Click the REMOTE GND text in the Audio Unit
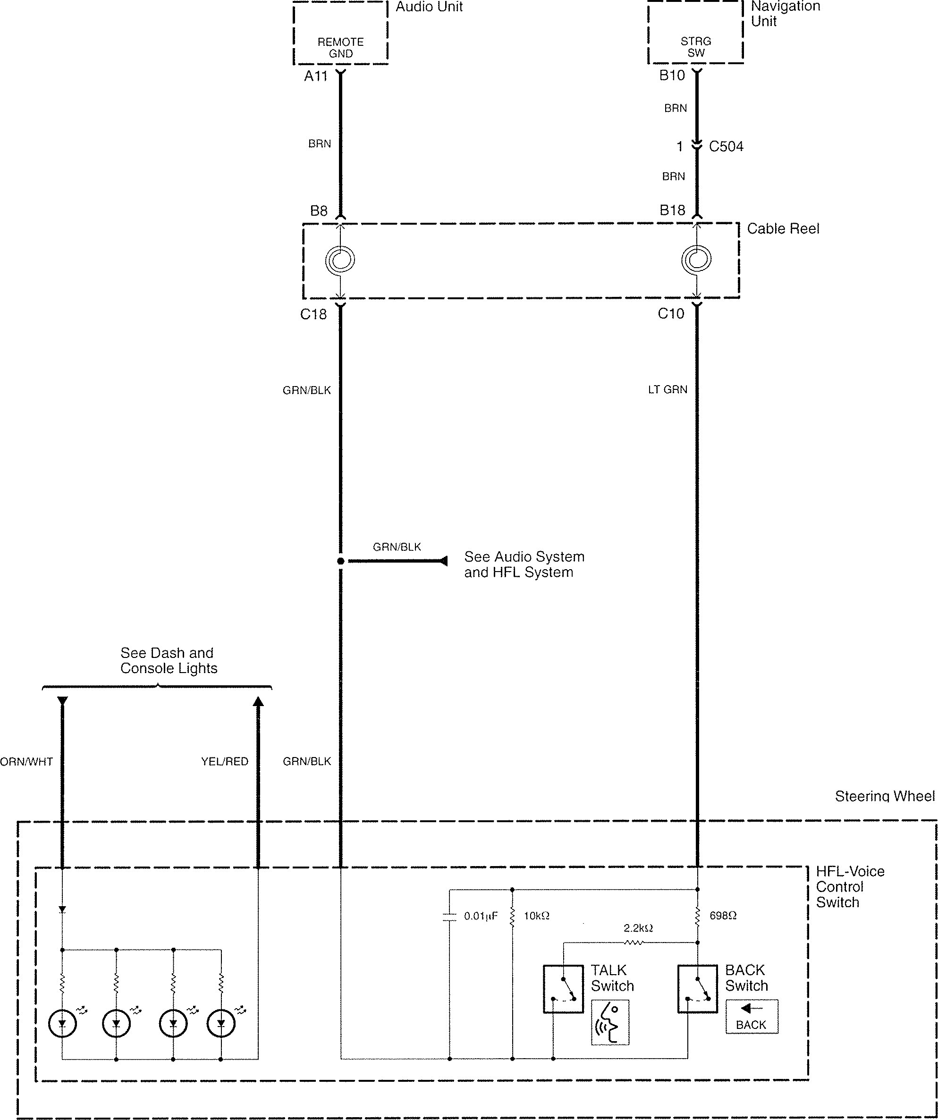click(x=340, y=48)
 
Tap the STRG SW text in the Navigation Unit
click(x=696, y=47)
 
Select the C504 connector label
click(x=726, y=146)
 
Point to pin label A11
click(x=315, y=76)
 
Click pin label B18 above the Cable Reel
click(x=672, y=210)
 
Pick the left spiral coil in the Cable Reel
click(x=340, y=260)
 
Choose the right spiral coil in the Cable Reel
click(x=696, y=260)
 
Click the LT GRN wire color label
click(x=668, y=390)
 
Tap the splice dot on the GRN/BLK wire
click(x=340, y=561)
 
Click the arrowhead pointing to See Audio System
click(x=442, y=561)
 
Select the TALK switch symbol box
click(x=563, y=988)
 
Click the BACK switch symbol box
click(x=697, y=988)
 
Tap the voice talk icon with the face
click(x=610, y=1022)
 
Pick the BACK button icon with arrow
click(x=751, y=1017)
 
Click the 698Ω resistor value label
click(x=723, y=916)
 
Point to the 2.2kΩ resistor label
click(x=638, y=928)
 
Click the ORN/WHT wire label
click(x=27, y=762)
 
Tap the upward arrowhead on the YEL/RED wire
click(x=258, y=702)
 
